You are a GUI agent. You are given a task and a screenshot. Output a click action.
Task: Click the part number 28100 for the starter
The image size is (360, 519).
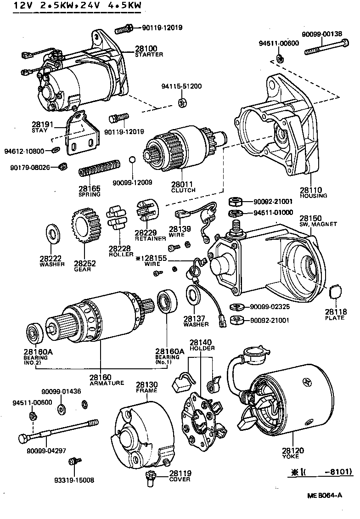tap(146, 48)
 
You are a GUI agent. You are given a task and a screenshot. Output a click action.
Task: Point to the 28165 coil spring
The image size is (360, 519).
tap(100, 167)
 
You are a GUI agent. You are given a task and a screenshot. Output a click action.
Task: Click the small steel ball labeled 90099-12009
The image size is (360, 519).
tap(132, 159)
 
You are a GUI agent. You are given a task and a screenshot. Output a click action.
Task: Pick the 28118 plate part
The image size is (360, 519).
tap(337, 292)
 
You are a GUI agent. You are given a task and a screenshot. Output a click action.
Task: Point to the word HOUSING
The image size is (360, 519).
tap(314, 196)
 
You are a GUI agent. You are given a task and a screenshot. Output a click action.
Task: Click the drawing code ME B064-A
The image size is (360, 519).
tap(325, 495)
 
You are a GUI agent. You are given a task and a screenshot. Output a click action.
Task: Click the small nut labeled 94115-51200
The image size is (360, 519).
tap(182, 102)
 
